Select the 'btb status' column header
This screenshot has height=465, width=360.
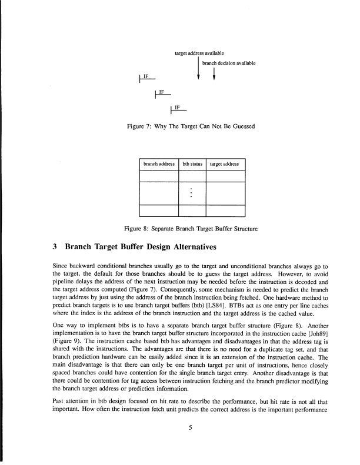click(192, 165)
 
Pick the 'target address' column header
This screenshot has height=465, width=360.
click(224, 165)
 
